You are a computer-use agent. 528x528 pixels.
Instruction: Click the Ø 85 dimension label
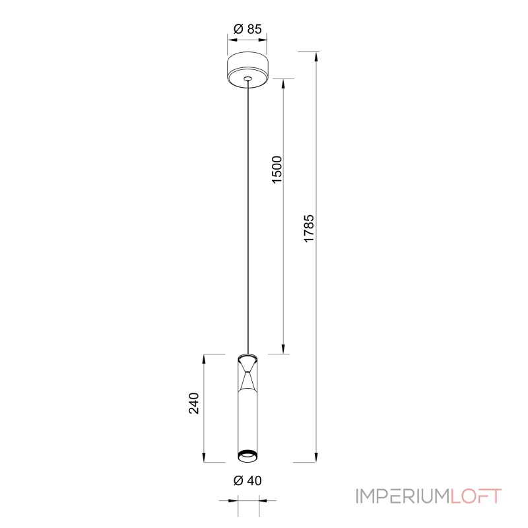(247, 29)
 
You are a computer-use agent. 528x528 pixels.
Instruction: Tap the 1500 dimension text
(277, 170)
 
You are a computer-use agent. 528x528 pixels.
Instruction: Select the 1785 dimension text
(309, 228)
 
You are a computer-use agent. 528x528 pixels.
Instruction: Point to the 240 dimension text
(193, 403)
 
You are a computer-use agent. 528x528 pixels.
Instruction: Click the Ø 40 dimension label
(247, 480)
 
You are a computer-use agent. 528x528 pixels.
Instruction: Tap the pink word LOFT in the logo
(476, 496)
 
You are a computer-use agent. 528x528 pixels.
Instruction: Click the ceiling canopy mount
(248, 70)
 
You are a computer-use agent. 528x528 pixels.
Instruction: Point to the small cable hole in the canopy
(248, 79)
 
